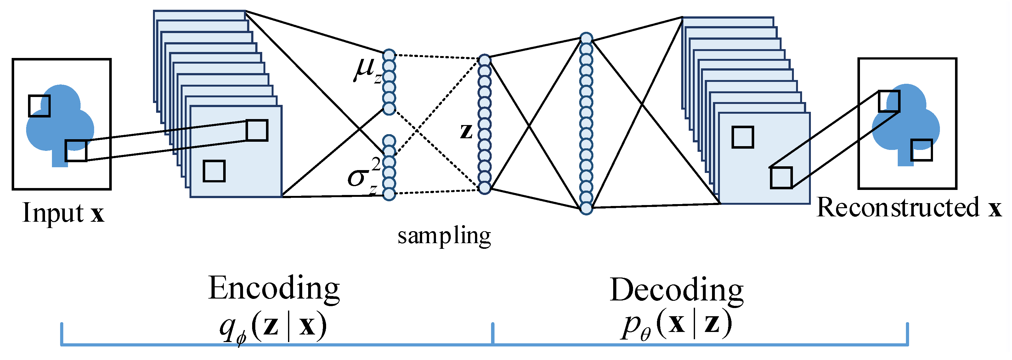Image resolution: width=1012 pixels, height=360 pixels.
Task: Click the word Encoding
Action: pyautogui.click(x=274, y=289)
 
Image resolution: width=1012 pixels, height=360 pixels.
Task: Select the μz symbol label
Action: pyautogui.click(x=366, y=71)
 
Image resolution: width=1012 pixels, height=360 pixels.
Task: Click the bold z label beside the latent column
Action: pyautogui.click(x=466, y=131)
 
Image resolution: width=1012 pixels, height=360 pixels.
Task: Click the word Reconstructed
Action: pyautogui.click(x=898, y=208)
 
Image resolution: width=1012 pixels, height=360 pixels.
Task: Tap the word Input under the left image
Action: pyautogui.click(x=53, y=213)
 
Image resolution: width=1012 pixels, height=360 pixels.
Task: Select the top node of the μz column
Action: pyautogui.click(x=389, y=55)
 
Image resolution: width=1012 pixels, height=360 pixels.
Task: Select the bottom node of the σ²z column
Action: pyautogui.click(x=389, y=193)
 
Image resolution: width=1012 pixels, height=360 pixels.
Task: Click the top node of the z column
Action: pyautogui.click(x=484, y=60)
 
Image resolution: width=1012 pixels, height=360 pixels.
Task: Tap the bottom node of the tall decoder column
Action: pyautogui.click(x=586, y=208)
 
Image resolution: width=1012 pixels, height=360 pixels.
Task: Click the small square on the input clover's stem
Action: pyautogui.click(x=76, y=151)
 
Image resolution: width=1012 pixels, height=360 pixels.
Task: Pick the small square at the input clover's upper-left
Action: pyautogui.click(x=39, y=106)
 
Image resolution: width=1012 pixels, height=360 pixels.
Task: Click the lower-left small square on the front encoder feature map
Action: pyautogui.click(x=214, y=171)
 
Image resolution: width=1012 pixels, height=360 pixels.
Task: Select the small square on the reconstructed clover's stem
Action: pyautogui.click(x=921, y=150)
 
